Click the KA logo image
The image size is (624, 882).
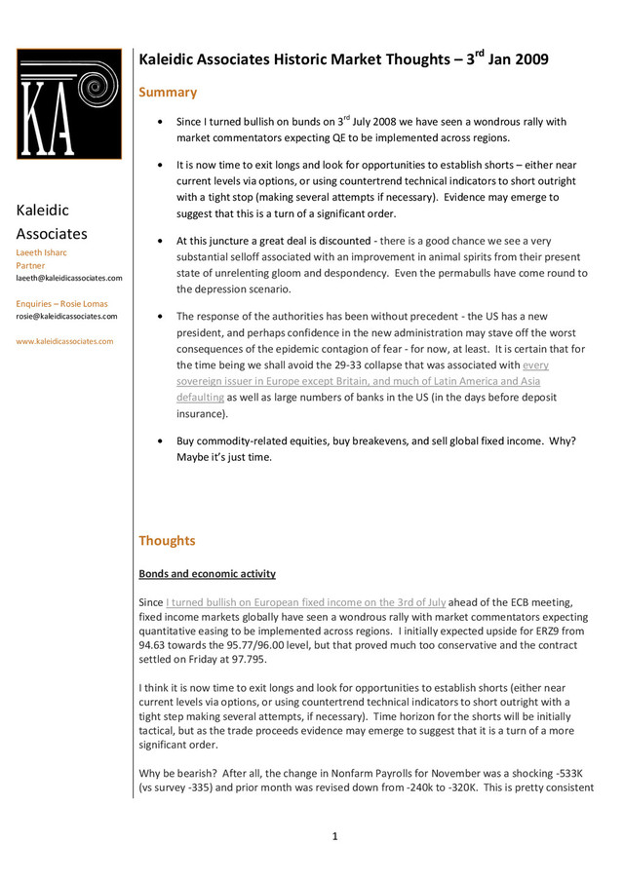point(68,104)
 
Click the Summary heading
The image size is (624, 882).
point(168,93)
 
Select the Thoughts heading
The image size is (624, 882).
point(167,541)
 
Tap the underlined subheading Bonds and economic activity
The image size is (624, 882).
point(207,574)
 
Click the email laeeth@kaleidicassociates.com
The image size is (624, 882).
point(69,278)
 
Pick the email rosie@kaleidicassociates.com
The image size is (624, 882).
point(66,316)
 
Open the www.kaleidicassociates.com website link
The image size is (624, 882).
point(64,341)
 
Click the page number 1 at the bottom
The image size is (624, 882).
point(334,836)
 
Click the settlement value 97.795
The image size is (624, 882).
point(269,659)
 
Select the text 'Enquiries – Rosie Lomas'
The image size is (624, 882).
point(61,304)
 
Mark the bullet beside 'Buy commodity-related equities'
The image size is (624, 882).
point(160,441)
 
